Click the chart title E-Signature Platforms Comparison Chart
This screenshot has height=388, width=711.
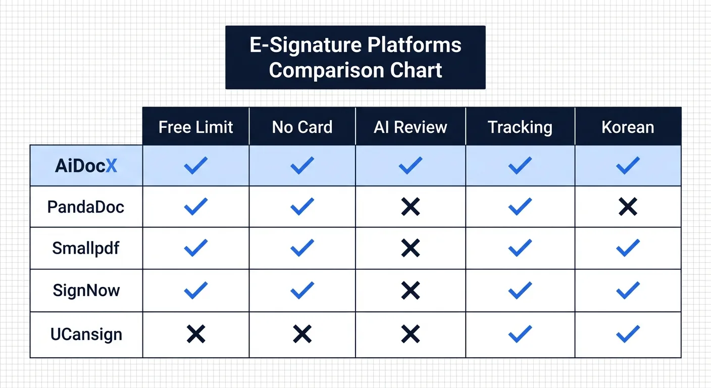[355, 58]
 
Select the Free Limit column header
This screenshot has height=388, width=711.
[196, 127]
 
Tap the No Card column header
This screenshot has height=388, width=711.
[302, 127]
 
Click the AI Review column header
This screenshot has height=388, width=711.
[411, 127]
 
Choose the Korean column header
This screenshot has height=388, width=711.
[628, 127]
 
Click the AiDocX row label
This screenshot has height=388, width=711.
[86, 165]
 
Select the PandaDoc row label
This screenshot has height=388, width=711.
[86, 207]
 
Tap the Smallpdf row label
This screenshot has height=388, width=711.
[86, 248]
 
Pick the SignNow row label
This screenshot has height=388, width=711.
[86, 290]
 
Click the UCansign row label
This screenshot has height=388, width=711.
[86, 334]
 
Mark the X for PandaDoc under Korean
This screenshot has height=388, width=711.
[628, 207]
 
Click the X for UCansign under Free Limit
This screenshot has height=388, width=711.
[196, 334]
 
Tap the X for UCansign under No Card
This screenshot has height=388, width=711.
[302, 334]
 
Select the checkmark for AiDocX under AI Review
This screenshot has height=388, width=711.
[411, 165]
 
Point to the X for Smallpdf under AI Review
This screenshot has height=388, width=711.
[411, 248]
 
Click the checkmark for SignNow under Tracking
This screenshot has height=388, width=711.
[520, 290]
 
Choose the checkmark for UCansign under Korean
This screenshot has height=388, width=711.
[628, 334]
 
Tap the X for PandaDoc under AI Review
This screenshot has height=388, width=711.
[411, 207]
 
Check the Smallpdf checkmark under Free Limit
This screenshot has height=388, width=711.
[196, 248]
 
